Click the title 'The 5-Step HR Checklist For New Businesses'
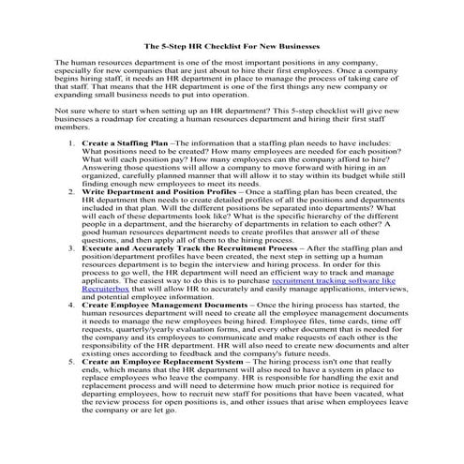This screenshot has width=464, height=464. click(232, 44)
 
